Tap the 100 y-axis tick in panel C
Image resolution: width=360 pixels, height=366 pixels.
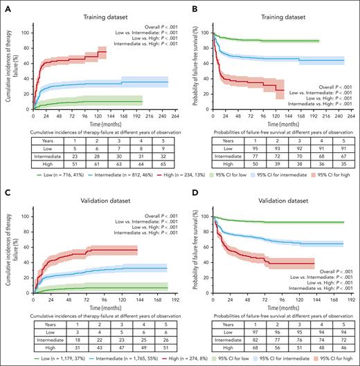[23, 217]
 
